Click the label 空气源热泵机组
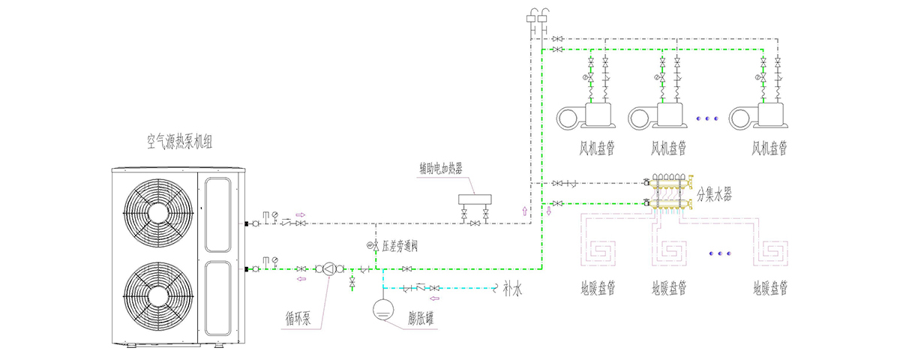(179, 142)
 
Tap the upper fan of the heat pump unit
(158, 212)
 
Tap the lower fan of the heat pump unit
(158, 296)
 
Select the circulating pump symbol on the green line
(329, 268)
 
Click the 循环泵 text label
(298, 318)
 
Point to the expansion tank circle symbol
(383, 310)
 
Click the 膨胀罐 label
(421, 319)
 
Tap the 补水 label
(513, 289)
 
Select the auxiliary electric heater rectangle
(475, 199)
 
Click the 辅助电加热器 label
(441, 168)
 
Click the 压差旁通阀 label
(400, 245)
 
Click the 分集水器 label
(714, 194)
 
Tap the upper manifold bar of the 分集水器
(668, 184)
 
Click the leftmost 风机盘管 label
(597, 148)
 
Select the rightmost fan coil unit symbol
(758, 115)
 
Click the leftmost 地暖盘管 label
(598, 288)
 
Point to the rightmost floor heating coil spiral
(770, 253)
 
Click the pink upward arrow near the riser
(524, 211)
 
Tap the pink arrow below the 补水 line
(435, 298)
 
